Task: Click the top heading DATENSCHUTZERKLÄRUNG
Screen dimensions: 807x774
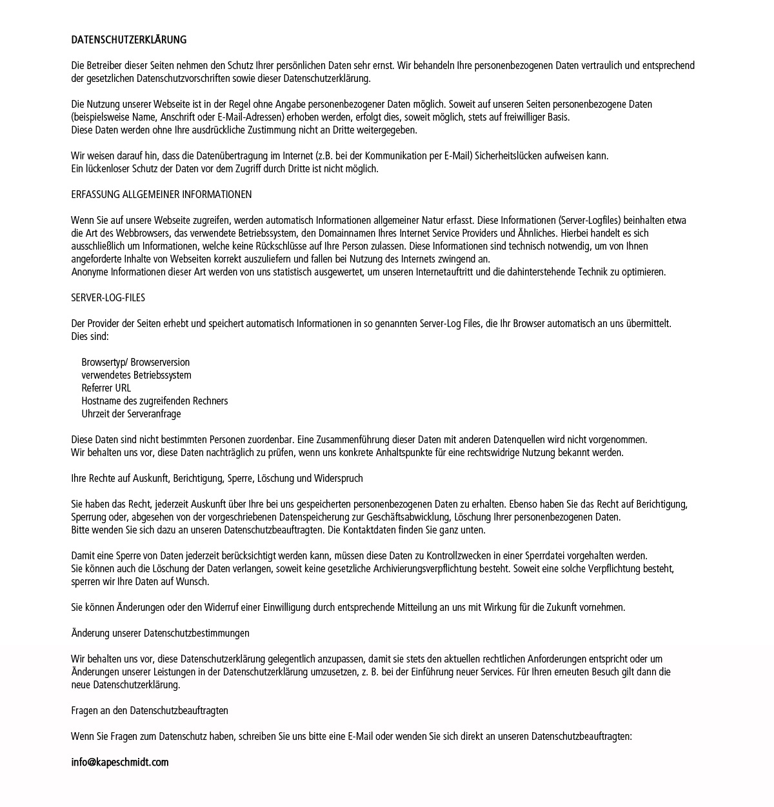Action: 128,40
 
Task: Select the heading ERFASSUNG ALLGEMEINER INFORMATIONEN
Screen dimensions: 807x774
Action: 161,195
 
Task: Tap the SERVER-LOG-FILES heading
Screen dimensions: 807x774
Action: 108,298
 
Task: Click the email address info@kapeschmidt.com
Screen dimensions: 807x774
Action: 119,762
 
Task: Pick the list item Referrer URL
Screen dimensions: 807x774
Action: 106,388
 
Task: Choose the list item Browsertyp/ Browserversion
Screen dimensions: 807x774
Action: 135,363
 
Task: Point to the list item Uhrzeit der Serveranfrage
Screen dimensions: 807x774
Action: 131,414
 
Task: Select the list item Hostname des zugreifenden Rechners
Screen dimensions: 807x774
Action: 154,401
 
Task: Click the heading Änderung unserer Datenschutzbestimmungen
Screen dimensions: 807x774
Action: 160,633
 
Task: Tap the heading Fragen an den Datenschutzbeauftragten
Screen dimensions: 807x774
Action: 150,711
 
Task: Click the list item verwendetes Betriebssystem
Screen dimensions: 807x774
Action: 136,375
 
